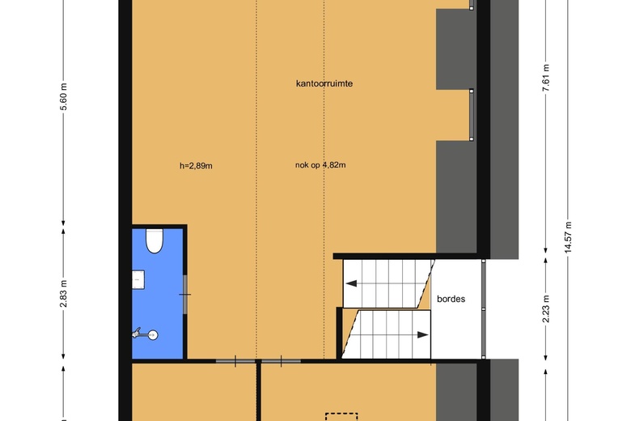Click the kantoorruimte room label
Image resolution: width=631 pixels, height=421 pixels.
click(324, 83)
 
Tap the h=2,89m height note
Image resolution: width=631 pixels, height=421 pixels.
click(196, 166)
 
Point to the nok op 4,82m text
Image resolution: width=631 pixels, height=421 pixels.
click(320, 165)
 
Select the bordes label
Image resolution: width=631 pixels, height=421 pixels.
click(451, 299)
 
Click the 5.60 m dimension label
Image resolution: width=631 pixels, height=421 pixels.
click(64, 96)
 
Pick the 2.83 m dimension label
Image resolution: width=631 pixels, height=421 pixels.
click(64, 293)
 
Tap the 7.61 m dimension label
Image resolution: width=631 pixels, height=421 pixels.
click(546, 78)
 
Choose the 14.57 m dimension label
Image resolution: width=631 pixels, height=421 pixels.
click(568, 237)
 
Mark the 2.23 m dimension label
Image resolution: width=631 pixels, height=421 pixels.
click(546, 309)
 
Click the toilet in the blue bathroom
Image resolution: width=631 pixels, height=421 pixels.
click(154, 241)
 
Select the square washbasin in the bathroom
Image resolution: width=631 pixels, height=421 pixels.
click(138, 279)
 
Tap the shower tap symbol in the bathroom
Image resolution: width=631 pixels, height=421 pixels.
click(145, 334)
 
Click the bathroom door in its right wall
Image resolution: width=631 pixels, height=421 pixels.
click(185, 295)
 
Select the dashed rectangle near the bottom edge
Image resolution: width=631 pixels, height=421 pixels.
click(341, 417)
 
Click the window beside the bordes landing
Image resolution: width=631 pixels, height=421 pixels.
click(484, 309)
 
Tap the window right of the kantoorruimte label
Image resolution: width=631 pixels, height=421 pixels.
click(472, 115)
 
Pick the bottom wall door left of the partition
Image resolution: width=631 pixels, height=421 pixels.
click(235, 361)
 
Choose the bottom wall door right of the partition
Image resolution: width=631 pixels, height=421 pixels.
click(281, 361)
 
